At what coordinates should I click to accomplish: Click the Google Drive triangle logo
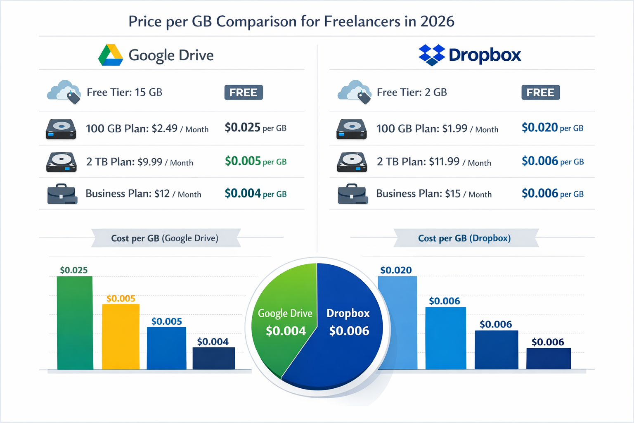(x=110, y=55)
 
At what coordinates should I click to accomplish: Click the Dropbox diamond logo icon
(x=432, y=55)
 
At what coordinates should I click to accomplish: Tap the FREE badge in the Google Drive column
(x=244, y=93)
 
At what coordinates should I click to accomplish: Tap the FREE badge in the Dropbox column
(x=540, y=93)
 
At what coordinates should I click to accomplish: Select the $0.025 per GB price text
(x=255, y=128)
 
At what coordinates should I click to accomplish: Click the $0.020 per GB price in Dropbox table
(x=552, y=128)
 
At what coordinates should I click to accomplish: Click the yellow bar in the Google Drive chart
(x=121, y=337)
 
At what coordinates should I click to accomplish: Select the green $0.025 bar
(x=75, y=323)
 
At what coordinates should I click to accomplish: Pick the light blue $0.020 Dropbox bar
(x=397, y=323)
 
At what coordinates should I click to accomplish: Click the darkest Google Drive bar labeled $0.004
(x=214, y=358)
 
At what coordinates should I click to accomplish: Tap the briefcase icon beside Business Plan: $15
(x=352, y=194)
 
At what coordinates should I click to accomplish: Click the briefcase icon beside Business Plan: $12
(x=62, y=194)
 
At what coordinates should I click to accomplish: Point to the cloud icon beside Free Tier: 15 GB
(x=64, y=92)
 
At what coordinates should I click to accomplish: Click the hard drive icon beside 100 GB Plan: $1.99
(x=351, y=129)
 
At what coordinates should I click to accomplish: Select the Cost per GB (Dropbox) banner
(x=465, y=238)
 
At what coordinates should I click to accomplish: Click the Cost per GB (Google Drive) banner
(x=165, y=238)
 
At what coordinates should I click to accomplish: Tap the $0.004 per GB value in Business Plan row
(x=255, y=193)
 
